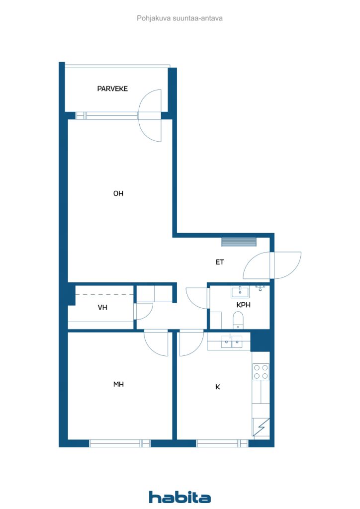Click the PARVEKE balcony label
pyautogui.click(x=112, y=88)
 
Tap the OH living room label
pyautogui.click(x=118, y=194)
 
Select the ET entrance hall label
pyautogui.click(x=219, y=262)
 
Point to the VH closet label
pyautogui.click(x=102, y=308)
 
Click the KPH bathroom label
pyautogui.click(x=243, y=305)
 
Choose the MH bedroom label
pyautogui.click(x=118, y=384)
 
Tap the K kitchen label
pyautogui.click(x=217, y=386)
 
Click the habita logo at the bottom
pyautogui.click(x=180, y=497)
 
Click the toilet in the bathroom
pyautogui.click(x=238, y=319)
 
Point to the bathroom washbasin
pyautogui.click(x=240, y=291)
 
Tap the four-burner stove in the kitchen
pyautogui.click(x=261, y=372)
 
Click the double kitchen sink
pyautogui.click(x=231, y=341)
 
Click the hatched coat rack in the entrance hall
pyautogui.click(x=239, y=242)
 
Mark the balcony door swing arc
pyautogui.click(x=150, y=115)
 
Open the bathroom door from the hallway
pyautogui.click(x=197, y=298)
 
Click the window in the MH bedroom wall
pyautogui.click(x=120, y=443)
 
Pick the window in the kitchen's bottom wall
pyautogui.click(x=222, y=443)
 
